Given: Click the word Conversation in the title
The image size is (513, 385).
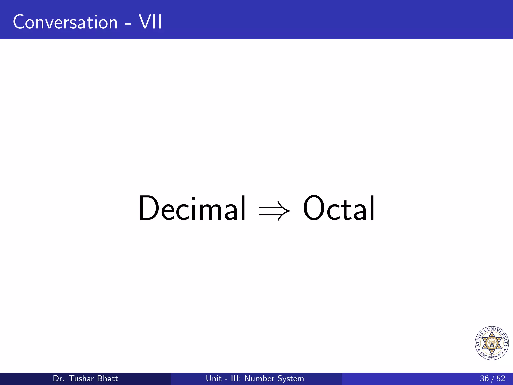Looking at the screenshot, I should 65,22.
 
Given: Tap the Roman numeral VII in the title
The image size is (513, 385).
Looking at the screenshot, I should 151,22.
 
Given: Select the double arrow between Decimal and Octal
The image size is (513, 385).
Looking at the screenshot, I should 275,211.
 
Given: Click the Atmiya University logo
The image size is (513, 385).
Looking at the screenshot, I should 492,343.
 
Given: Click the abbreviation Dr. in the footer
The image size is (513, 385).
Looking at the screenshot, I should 59,378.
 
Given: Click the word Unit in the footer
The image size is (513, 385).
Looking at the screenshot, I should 214,378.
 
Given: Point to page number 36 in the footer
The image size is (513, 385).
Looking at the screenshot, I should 484,378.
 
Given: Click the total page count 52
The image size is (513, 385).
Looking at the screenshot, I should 501,378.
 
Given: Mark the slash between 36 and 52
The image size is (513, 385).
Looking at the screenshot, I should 493,379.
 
